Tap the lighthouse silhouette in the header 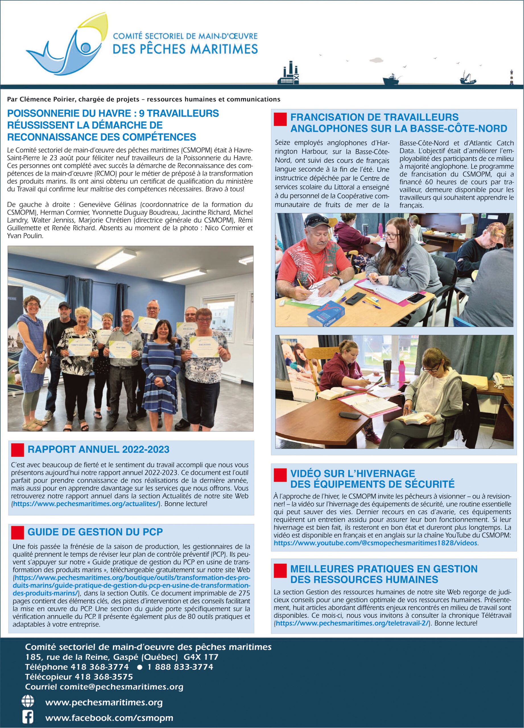(511, 77)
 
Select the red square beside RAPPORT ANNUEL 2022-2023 (17, 450)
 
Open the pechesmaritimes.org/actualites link (86, 504)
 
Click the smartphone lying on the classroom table (416, 298)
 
